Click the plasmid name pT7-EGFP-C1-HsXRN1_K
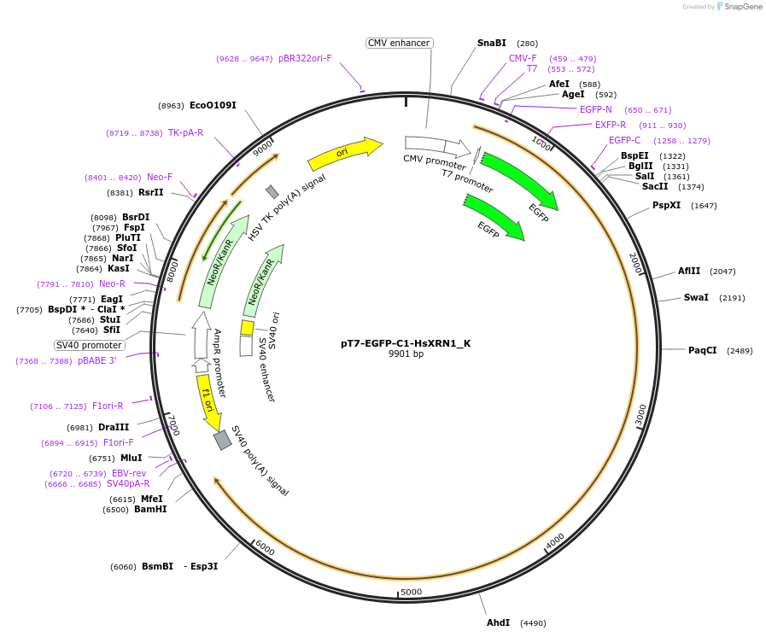pos(406,343)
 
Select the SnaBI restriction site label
pos(491,43)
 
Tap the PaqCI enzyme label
pos(703,350)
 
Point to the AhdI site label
pos(498,622)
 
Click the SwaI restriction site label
pos(696,298)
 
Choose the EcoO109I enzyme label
pos(213,106)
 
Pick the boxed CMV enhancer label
pos(399,43)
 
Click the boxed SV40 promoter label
pos(90,345)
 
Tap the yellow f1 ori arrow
pos(209,404)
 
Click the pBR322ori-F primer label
pos(305,59)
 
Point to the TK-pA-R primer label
pos(185,133)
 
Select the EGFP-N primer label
pos(596,109)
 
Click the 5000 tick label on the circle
pos(411,592)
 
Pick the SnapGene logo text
pos(742,7)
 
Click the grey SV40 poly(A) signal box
pos(223,440)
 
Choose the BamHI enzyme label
pos(150,510)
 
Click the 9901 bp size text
pos(406,354)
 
